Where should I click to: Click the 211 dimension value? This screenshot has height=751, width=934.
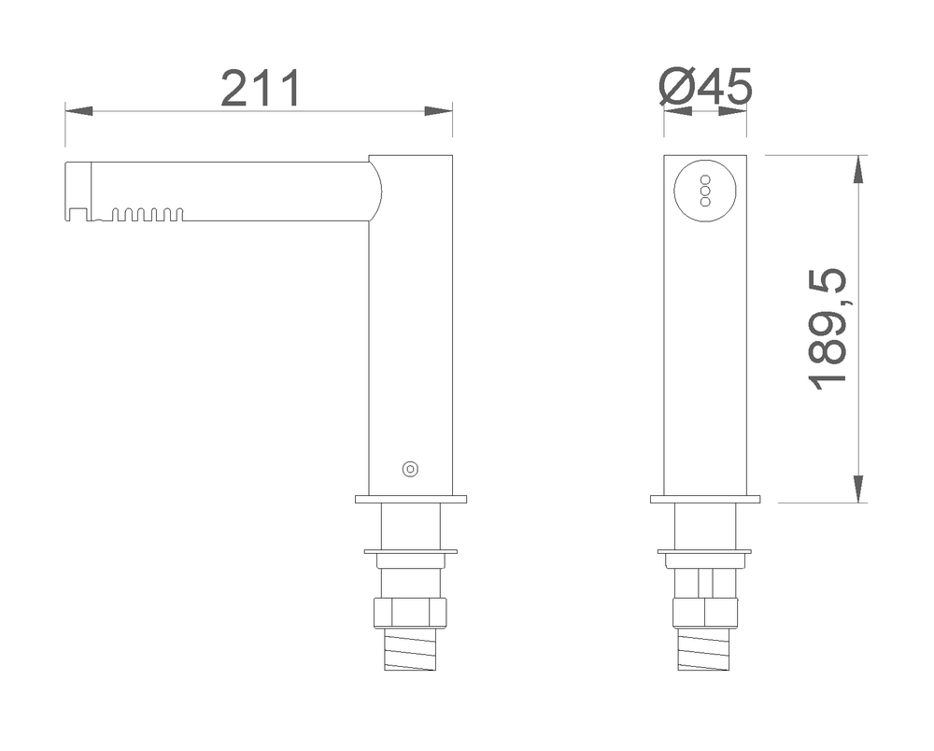(261, 89)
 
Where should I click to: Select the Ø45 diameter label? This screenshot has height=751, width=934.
(706, 86)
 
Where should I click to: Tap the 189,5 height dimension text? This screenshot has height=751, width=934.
(828, 330)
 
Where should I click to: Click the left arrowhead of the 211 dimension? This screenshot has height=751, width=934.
(78, 111)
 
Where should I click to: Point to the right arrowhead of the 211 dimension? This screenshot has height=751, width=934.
(438, 111)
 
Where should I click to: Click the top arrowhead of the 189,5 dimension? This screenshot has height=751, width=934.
(858, 168)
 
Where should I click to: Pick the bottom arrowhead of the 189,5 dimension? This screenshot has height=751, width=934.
(858, 489)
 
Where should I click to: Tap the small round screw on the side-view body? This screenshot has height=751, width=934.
(410, 469)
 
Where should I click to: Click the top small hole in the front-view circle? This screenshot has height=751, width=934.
(705, 179)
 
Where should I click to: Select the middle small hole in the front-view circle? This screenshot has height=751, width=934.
(705, 191)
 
